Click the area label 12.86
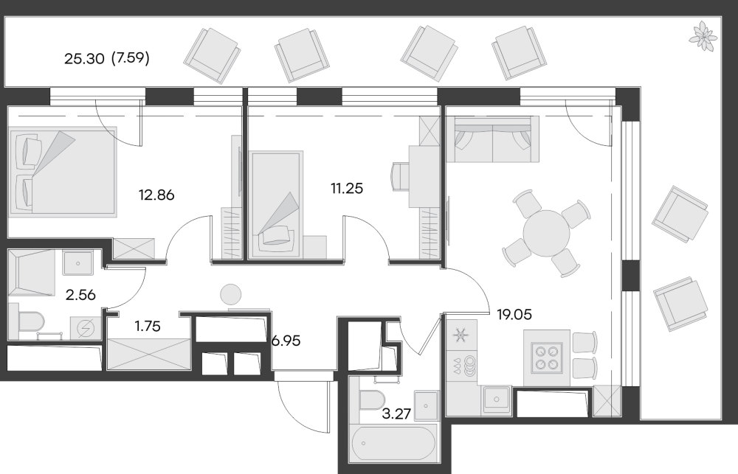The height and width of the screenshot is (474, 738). tap(156, 195)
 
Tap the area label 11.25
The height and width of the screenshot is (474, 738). tap(347, 189)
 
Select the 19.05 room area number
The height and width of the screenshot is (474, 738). tap(514, 314)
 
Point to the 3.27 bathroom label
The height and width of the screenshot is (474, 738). tap(396, 414)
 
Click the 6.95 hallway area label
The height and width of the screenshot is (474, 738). tap(286, 341)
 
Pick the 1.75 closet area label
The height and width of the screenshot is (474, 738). tap(148, 326)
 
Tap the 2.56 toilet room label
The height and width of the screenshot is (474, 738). tap(80, 295)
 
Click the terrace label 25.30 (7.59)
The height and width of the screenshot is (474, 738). tap(107, 59)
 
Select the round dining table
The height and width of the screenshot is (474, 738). tap(546, 233)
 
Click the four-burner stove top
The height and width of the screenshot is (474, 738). tap(546, 358)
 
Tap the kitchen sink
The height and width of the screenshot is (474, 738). tap(497, 400)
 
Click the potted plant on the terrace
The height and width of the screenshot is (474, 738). tap(703, 35)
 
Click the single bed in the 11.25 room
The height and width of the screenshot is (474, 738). tap(276, 204)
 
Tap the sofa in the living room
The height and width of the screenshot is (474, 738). tap(492, 139)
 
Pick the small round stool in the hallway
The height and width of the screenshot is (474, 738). tap(230, 295)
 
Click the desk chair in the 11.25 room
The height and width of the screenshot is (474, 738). tap(400, 176)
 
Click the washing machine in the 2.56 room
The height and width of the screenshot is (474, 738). tap(86, 328)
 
